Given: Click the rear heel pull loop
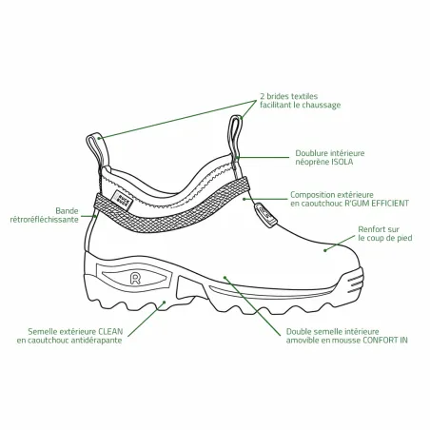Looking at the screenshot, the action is pos(95,149).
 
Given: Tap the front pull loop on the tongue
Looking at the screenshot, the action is pos(235,136).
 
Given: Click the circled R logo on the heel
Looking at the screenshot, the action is pos(135,279).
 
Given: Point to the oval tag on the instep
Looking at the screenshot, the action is pos(265,215).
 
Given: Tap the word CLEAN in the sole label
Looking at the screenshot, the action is pos(110,332).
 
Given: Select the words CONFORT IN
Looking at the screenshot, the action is pos(385,341).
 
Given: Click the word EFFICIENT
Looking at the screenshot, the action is pos(385,204).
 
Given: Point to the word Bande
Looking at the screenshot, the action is pos(67,211).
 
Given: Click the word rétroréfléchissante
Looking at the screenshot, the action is pos(45,220).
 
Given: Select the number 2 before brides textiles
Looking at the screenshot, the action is pos(263,96).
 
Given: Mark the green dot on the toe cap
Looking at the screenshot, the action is pos(324,250).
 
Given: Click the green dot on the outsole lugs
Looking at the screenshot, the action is pos(165,303).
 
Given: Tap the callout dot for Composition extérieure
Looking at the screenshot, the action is pos(244,199).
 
